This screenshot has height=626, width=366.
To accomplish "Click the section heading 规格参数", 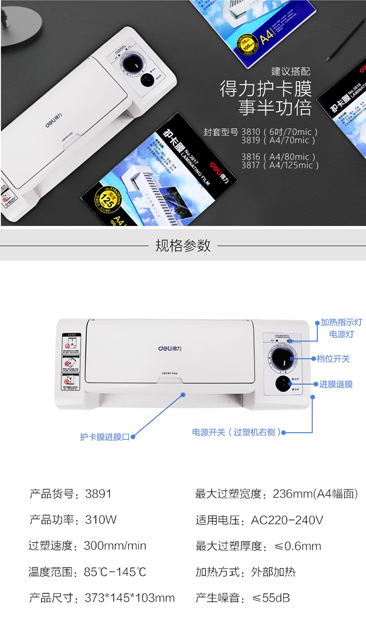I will click(x=183, y=245).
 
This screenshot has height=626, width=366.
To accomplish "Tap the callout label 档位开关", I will click(x=333, y=359).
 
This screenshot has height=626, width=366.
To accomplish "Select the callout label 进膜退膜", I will click(x=336, y=384).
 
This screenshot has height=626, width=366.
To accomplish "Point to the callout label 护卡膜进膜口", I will click(x=104, y=436).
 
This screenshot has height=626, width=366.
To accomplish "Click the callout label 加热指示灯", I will click(x=341, y=322).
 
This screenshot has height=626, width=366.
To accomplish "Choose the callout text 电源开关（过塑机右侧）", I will click(x=237, y=432).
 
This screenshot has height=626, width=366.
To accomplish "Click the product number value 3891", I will click(x=99, y=493).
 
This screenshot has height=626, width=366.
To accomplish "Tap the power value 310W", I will click(x=101, y=520).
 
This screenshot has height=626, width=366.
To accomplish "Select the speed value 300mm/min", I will click(x=115, y=546).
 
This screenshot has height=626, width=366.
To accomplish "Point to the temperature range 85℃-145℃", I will click(x=115, y=572).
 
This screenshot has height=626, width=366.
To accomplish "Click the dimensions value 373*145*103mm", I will click(x=129, y=598).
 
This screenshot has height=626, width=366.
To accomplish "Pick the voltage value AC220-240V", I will click(x=287, y=520).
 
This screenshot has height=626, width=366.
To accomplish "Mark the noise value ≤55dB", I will click(x=271, y=598).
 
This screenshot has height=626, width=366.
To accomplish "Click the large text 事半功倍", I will click(x=275, y=108).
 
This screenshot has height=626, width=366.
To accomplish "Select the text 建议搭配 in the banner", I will click(x=290, y=72).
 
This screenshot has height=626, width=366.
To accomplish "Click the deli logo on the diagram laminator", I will click(x=169, y=348).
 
